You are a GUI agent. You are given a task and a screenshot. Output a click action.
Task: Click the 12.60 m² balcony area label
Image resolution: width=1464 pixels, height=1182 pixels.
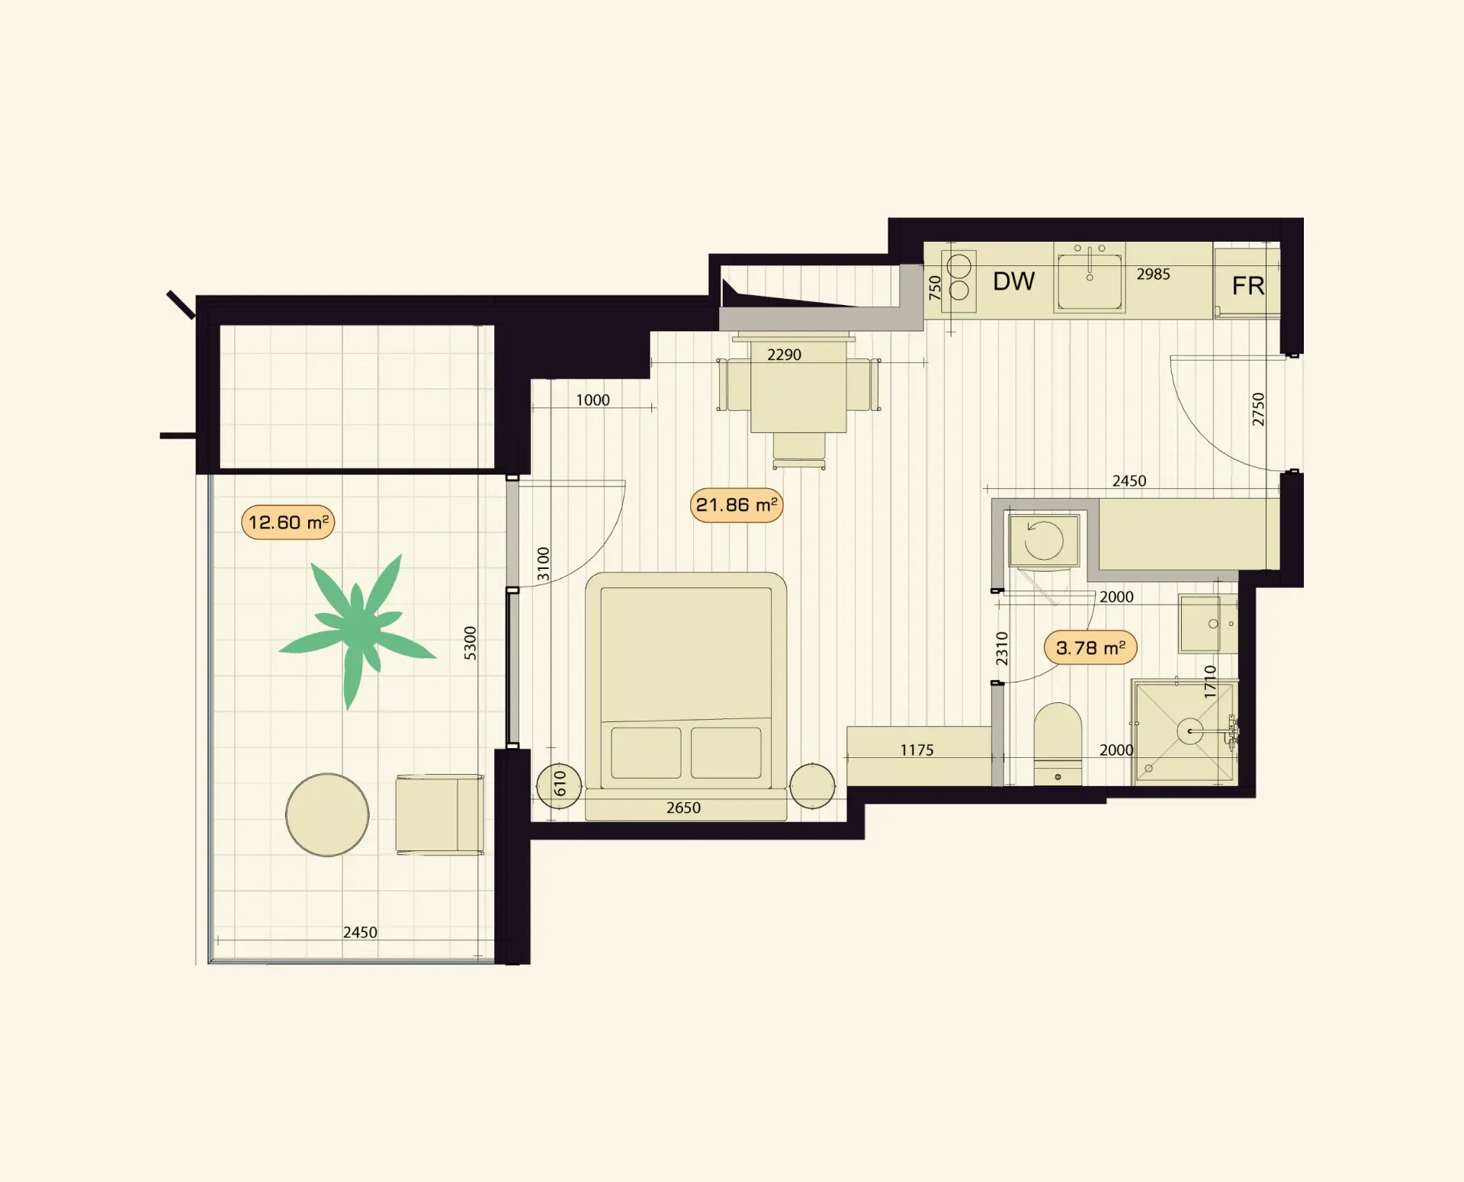pos(288,522)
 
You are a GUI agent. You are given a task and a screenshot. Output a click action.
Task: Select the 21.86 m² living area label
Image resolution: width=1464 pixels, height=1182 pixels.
pos(737,505)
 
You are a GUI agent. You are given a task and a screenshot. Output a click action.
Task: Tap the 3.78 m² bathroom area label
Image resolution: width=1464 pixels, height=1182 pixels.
pos(1090,647)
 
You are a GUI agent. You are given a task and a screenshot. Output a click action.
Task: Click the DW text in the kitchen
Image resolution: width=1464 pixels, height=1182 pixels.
pos(1013,281)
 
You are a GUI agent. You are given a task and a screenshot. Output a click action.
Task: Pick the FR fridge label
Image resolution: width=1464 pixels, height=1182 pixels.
pos(1248,286)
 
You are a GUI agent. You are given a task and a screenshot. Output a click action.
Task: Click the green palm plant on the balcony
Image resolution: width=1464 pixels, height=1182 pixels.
pos(357,629)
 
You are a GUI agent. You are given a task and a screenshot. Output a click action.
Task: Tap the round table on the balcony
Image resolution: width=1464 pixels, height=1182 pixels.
pos(327,814)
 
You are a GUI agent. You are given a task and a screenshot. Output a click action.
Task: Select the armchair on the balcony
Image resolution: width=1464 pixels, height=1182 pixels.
pos(439,814)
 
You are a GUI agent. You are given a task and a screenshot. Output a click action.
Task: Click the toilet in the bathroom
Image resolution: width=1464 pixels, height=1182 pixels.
pos(1058,744)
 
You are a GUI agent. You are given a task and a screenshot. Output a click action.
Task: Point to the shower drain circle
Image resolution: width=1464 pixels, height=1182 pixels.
pos(1189,731)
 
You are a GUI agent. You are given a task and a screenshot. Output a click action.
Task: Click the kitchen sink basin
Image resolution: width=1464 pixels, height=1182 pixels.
pos(1090,281)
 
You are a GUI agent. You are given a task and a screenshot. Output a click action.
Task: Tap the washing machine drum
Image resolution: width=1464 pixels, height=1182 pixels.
pos(1044,541)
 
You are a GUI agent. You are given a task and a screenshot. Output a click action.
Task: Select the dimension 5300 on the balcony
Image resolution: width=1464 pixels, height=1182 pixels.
pos(470,643)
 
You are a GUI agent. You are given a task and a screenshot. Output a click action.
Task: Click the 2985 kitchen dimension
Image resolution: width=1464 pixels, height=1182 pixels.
pos(1153,274)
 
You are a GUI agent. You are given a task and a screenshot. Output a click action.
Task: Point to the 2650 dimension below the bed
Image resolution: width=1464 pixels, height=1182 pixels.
pos(683,808)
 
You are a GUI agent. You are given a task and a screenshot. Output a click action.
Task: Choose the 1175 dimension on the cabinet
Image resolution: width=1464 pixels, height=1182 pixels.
pos(917,750)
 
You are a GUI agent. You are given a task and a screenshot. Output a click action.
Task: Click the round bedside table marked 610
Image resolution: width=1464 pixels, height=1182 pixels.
pos(559,785)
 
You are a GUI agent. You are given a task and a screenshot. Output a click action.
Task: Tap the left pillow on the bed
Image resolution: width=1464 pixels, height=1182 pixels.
pos(646,753)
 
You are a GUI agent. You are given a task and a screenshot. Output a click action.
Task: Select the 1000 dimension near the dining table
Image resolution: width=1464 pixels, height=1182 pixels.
pos(592,400)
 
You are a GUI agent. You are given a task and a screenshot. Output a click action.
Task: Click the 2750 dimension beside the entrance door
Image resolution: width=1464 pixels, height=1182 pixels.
pos(1258,410)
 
